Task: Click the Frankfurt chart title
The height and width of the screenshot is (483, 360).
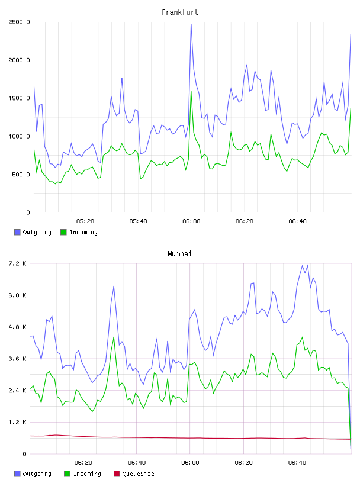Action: (x=180, y=12)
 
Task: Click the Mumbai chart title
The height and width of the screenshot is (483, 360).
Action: (x=179, y=254)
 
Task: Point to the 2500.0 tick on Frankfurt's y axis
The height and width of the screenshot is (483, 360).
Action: (x=19, y=22)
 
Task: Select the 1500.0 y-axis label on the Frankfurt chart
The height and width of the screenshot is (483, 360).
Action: (x=19, y=98)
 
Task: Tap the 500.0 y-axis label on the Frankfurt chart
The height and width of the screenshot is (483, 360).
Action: (x=21, y=175)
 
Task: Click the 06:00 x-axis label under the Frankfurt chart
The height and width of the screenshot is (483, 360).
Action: (x=191, y=221)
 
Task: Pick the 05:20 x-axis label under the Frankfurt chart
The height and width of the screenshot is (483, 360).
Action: (x=85, y=221)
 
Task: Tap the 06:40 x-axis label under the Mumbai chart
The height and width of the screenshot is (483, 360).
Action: (x=297, y=463)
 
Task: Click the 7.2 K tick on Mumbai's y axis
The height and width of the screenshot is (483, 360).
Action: (x=17, y=263)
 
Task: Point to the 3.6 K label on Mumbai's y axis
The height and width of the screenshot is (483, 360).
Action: (x=17, y=359)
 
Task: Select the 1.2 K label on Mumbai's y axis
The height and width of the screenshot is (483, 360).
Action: (x=17, y=422)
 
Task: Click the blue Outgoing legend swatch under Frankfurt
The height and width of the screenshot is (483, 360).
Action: (x=17, y=232)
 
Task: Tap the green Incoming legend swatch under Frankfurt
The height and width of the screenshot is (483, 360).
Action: (x=63, y=232)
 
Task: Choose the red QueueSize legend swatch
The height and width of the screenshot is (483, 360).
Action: (x=117, y=474)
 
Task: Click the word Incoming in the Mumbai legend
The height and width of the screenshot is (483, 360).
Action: (x=87, y=474)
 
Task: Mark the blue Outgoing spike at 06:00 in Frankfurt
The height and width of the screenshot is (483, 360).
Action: (x=191, y=24)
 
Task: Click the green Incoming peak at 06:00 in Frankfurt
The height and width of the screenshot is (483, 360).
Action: (x=191, y=92)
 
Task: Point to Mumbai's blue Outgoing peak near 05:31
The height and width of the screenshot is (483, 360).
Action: (x=114, y=285)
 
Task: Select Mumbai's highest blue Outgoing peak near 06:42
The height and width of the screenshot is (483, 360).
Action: (x=303, y=266)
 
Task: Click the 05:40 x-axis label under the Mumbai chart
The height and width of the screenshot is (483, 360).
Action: (x=137, y=463)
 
